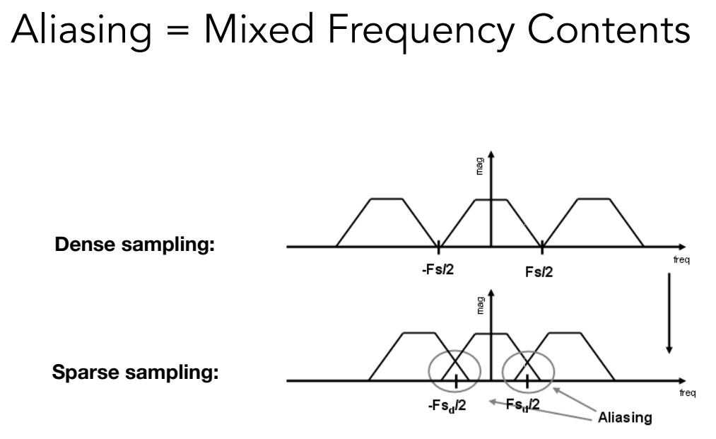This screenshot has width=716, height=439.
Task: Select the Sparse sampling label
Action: coord(135,373)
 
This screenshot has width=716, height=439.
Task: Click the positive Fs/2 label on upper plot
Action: coord(540,271)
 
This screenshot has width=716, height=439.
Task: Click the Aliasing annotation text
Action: coord(625,417)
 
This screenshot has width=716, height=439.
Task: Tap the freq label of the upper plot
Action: coord(681,260)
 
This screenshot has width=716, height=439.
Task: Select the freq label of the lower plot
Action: coord(686,393)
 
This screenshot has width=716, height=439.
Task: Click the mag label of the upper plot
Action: coord(481,169)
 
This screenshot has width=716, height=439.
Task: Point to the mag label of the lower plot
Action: coord(481,305)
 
